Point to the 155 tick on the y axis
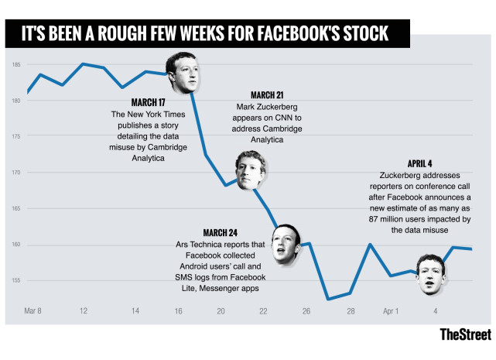pyautogui.click(x=15, y=281)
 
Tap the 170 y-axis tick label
pyautogui.click(x=15, y=173)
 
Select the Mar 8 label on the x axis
pyautogui.click(x=33, y=311)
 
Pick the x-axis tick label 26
pyautogui.click(x=306, y=311)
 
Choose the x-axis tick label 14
pyautogui.click(x=135, y=311)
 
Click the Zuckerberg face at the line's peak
pyautogui.click(x=184, y=71)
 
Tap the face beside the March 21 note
pyautogui.click(x=251, y=170)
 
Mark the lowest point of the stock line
pyautogui.click(x=328, y=299)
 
